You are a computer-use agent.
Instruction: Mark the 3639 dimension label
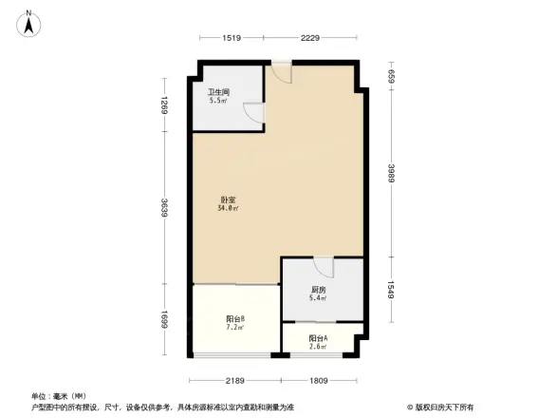click(165, 208)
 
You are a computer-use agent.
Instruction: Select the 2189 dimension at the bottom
click(235, 380)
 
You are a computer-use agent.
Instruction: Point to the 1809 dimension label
click(318, 380)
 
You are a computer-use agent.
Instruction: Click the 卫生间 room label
click(217, 92)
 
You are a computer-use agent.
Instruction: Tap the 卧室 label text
click(228, 199)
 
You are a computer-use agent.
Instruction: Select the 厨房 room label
click(318, 290)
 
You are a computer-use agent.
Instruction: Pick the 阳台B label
click(235, 318)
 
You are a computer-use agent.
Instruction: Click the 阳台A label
click(318, 338)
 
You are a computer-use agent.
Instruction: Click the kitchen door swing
click(323, 265)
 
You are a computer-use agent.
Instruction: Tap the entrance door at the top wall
click(282, 71)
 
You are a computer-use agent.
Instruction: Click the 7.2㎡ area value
click(235, 328)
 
